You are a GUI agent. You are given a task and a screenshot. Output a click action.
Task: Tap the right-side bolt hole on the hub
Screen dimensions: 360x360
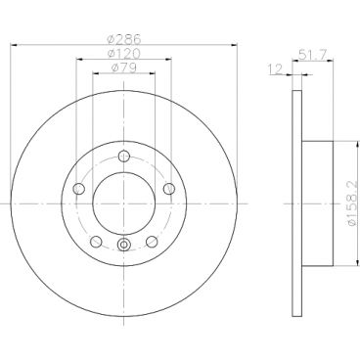pyautogui.click(x=168, y=189)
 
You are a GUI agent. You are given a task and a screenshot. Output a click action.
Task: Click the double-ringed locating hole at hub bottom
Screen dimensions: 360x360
pyautogui.click(x=122, y=246)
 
